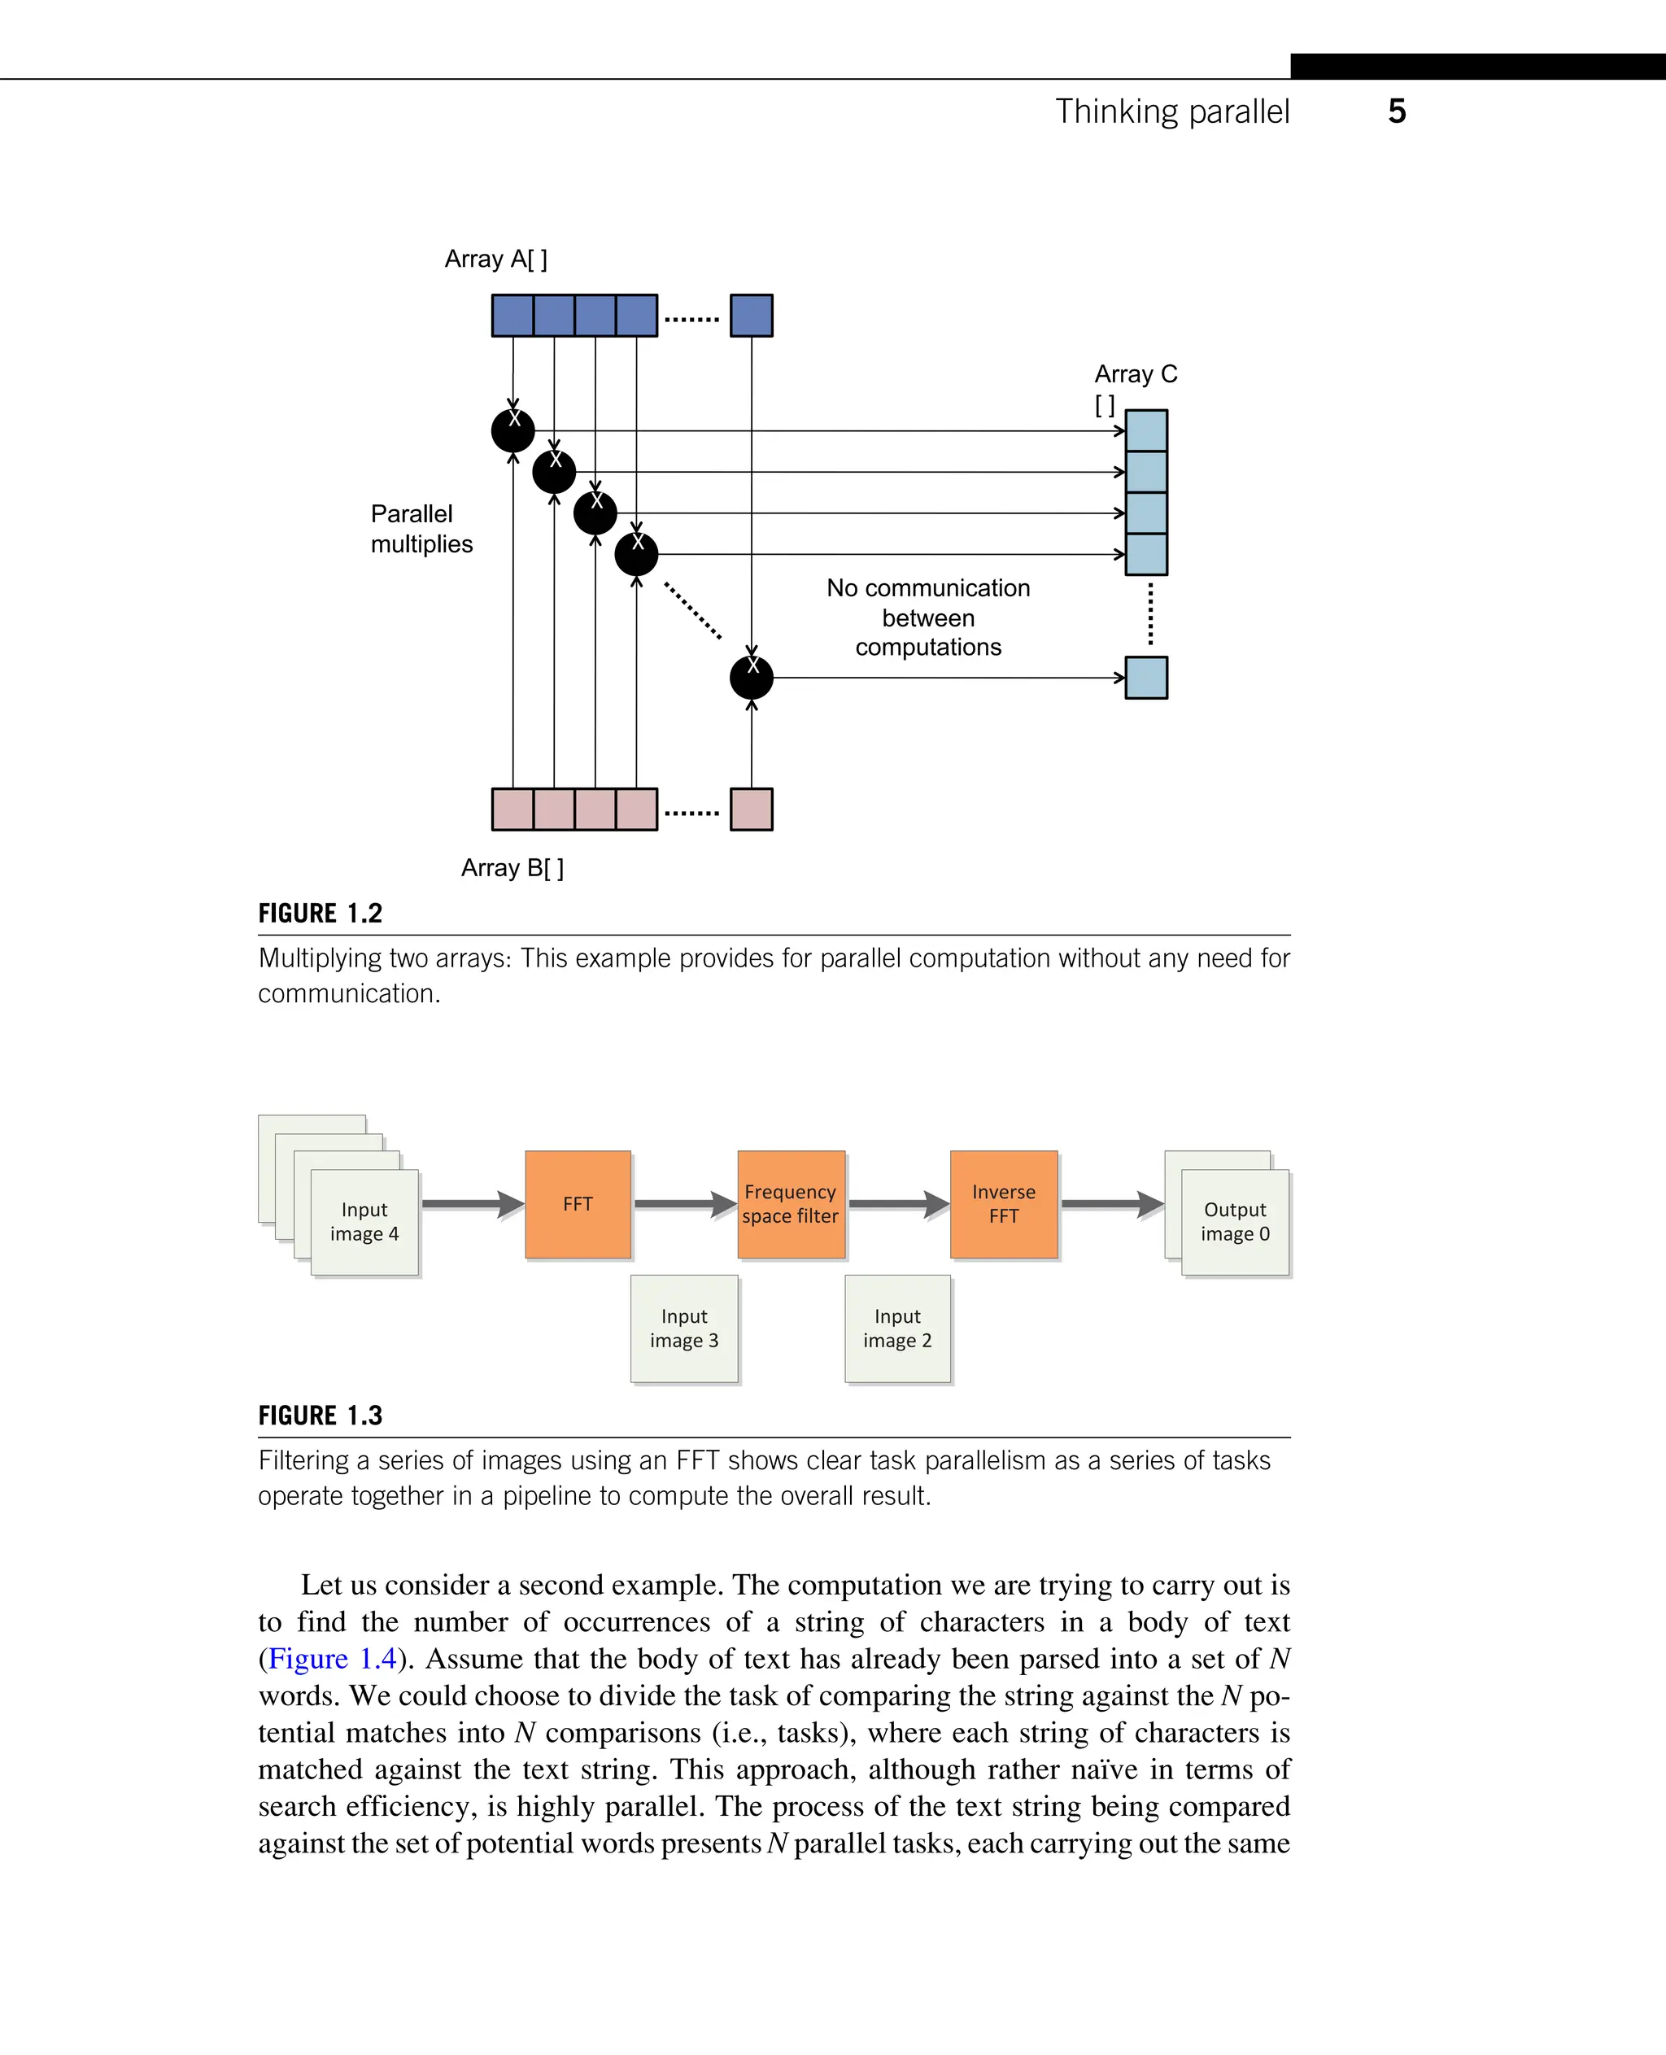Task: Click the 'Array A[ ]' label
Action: [495, 260]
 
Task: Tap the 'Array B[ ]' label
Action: [512, 868]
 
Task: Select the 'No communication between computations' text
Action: [927, 617]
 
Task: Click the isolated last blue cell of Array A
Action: [751, 316]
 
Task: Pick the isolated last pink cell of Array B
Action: [751, 809]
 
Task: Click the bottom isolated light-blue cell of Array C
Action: [1146, 678]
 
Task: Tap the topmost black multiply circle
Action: [512, 430]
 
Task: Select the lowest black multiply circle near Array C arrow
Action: [751, 678]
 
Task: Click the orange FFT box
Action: [578, 1203]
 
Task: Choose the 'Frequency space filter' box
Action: [791, 1203]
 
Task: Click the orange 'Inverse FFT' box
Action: [1004, 1203]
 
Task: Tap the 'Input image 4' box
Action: [364, 1222]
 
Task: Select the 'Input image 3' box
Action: [684, 1329]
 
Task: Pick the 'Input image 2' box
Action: [897, 1329]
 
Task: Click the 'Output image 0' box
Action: [1235, 1222]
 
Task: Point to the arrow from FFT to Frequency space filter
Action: [684, 1203]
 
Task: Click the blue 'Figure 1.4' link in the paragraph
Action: [332, 1659]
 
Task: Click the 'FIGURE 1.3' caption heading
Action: [321, 1416]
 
